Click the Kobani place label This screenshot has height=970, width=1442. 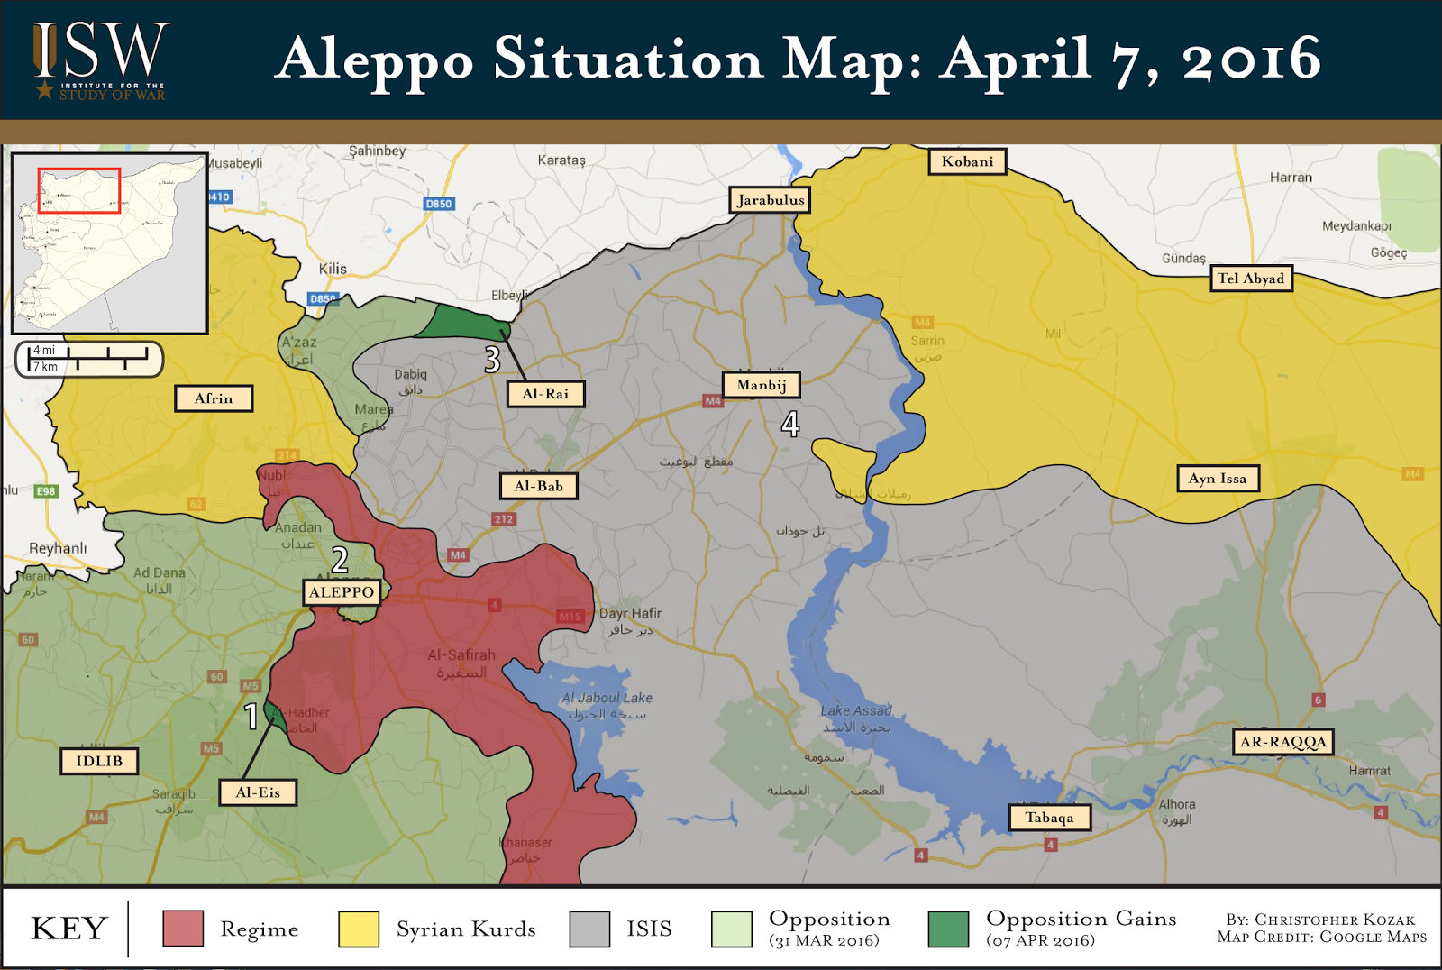967,161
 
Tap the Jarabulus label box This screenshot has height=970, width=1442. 770,200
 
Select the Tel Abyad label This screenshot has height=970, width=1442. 1250,279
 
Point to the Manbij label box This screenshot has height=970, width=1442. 762,385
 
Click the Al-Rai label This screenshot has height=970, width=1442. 545,394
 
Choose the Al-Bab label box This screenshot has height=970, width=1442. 538,486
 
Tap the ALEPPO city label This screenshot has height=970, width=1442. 342,592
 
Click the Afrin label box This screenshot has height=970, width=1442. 214,398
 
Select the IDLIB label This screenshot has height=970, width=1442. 99,761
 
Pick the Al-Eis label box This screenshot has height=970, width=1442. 258,792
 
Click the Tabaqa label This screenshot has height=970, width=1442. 1049,818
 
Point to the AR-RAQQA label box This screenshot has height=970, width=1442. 1283,742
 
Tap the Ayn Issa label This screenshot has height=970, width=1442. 1218,479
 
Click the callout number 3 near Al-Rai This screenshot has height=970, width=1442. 492,360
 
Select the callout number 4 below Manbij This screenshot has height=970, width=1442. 790,424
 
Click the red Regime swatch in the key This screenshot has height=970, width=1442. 183,929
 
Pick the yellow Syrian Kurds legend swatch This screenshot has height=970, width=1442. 359,929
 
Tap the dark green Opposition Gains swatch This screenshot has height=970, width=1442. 948,929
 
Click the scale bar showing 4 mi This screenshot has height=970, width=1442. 89,359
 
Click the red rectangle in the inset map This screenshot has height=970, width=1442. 79,190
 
